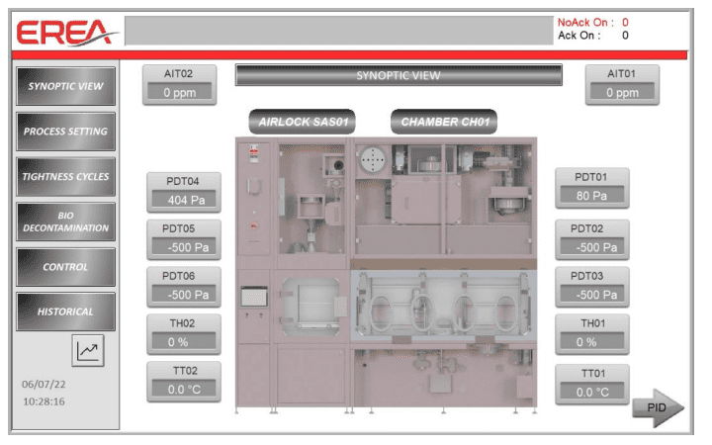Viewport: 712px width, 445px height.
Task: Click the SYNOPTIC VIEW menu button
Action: (65, 85)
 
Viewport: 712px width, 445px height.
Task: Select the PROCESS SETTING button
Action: (65, 131)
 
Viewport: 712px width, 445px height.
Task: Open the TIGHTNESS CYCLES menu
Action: (65, 177)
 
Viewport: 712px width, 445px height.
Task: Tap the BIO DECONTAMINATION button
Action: (65, 222)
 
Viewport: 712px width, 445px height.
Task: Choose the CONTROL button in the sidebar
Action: (65, 267)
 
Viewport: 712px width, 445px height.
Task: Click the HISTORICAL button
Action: (65, 311)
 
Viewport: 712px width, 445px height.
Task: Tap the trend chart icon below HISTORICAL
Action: (89, 349)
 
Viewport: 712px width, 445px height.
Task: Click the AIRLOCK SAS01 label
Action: (301, 122)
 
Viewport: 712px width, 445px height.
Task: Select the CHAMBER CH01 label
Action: (444, 122)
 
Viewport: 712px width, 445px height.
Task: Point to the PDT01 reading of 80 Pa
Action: (591, 195)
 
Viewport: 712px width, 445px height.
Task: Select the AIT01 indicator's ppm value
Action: (622, 93)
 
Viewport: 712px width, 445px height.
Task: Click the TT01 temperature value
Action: (591, 392)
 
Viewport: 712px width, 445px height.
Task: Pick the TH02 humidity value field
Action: (185, 341)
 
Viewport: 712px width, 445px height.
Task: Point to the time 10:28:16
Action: (44, 401)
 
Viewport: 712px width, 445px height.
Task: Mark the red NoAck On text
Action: (585, 23)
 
